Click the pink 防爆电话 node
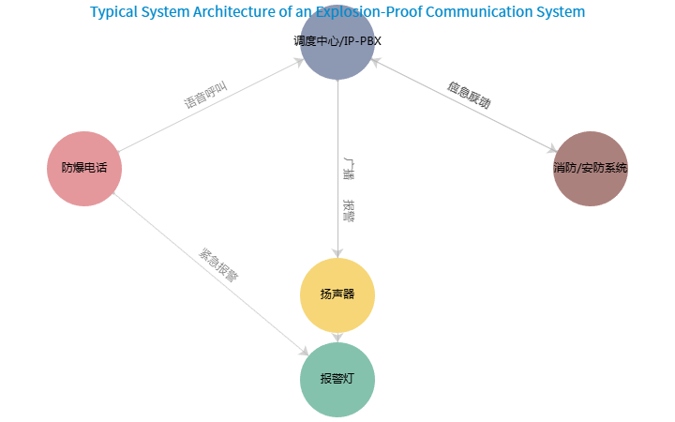pos(84,169)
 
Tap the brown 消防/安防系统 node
pos(590,169)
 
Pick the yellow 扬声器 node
pos(337,294)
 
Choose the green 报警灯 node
pos(337,379)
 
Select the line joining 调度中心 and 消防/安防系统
pos(464,106)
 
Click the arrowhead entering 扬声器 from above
pos(337,252)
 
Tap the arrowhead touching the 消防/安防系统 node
pos(551,148)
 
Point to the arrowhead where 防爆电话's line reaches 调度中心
pos(298,62)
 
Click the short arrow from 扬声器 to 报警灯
pos(337,336)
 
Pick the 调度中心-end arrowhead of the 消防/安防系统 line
pos(375,62)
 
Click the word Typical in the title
pos(112,12)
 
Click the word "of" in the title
pos(287,12)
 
